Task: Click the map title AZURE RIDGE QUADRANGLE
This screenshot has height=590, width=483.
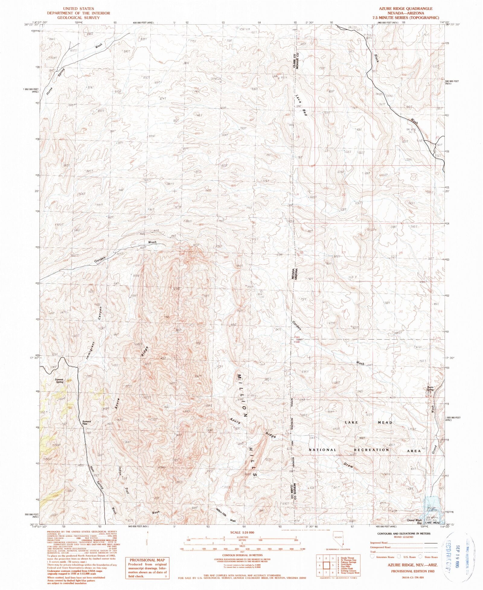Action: (x=406, y=8)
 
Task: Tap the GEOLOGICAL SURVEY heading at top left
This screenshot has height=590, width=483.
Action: (x=78, y=17)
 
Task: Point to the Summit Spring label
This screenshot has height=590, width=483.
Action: (x=59, y=381)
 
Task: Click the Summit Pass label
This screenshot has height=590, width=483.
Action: (x=87, y=423)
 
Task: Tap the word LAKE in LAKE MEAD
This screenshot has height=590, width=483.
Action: (x=351, y=422)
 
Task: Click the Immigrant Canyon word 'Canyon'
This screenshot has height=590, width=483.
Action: (x=101, y=315)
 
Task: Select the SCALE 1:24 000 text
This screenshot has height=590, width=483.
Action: (x=242, y=532)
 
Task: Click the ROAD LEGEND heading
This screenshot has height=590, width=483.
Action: (x=404, y=537)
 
